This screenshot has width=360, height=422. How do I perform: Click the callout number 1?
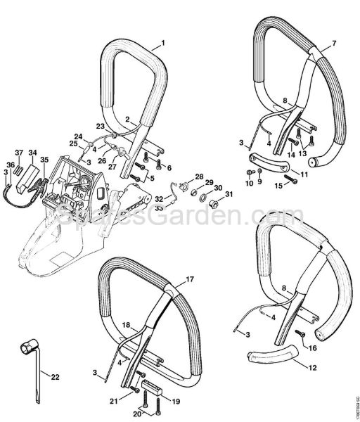[x=163, y=44]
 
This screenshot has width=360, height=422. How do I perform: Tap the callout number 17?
[x=190, y=280]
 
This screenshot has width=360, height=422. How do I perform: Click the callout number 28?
[x=200, y=177]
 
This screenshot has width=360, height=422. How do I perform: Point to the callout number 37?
[x=19, y=152]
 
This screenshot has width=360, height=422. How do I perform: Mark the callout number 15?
[x=278, y=186]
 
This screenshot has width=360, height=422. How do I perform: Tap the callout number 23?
[x=100, y=126]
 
